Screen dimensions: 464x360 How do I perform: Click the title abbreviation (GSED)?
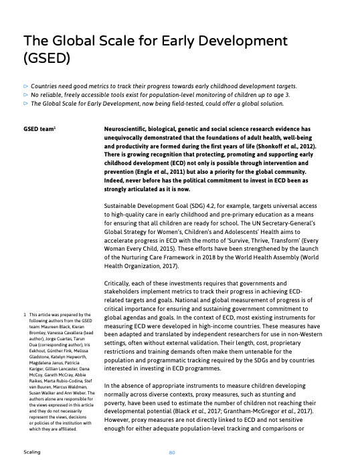46,59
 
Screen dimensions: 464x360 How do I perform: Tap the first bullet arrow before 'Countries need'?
26,86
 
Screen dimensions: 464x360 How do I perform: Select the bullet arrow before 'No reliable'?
26,95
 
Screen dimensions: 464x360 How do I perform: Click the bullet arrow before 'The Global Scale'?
26,104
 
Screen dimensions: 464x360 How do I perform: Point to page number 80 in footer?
172,453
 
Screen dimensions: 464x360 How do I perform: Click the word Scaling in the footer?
31,453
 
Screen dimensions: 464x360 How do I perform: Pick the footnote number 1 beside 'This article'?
25,314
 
